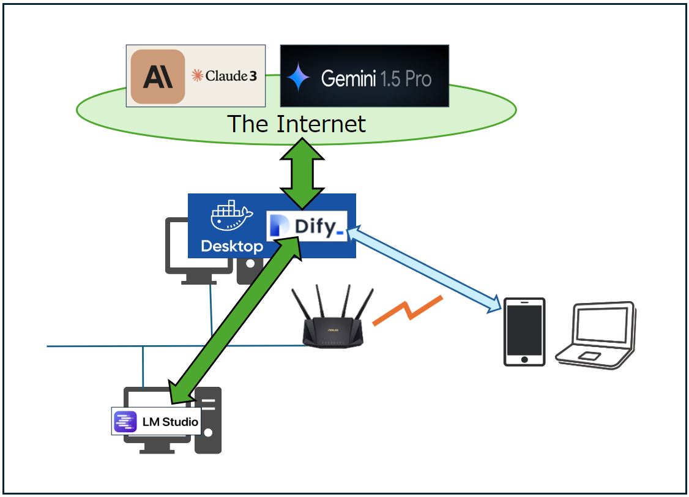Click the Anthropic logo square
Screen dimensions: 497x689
(x=158, y=76)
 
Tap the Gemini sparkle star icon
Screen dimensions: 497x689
(x=300, y=77)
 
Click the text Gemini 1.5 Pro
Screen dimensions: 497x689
(x=376, y=78)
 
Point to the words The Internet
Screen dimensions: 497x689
(x=297, y=124)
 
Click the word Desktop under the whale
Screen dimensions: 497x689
(x=232, y=247)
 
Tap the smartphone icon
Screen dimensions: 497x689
(x=524, y=332)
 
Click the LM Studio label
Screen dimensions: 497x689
(x=169, y=422)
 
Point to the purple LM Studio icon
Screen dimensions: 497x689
(x=125, y=422)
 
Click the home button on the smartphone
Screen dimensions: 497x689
(x=524, y=358)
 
